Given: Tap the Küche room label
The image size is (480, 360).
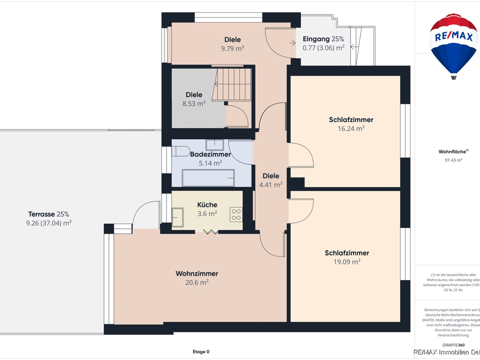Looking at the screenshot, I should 207,204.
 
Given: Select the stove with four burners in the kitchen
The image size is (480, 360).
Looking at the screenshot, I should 236,214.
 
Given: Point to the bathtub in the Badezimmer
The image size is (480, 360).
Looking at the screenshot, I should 208,177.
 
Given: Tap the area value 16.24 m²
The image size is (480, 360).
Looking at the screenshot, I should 351,128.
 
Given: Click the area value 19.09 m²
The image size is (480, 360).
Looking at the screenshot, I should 346,261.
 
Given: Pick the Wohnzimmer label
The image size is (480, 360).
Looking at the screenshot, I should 196,273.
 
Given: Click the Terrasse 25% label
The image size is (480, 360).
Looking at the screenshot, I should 48,214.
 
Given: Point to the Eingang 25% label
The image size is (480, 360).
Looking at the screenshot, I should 323,39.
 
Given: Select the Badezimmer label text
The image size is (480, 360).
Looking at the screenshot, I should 210,154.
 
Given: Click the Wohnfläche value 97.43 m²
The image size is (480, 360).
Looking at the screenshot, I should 453,160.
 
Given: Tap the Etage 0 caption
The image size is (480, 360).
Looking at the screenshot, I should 201,351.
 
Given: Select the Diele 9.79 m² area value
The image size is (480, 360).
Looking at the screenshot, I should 232,48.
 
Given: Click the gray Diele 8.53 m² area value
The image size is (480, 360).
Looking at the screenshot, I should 194,103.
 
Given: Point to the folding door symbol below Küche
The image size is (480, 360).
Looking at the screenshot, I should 210,231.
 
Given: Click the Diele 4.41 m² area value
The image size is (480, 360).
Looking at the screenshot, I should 271,184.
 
